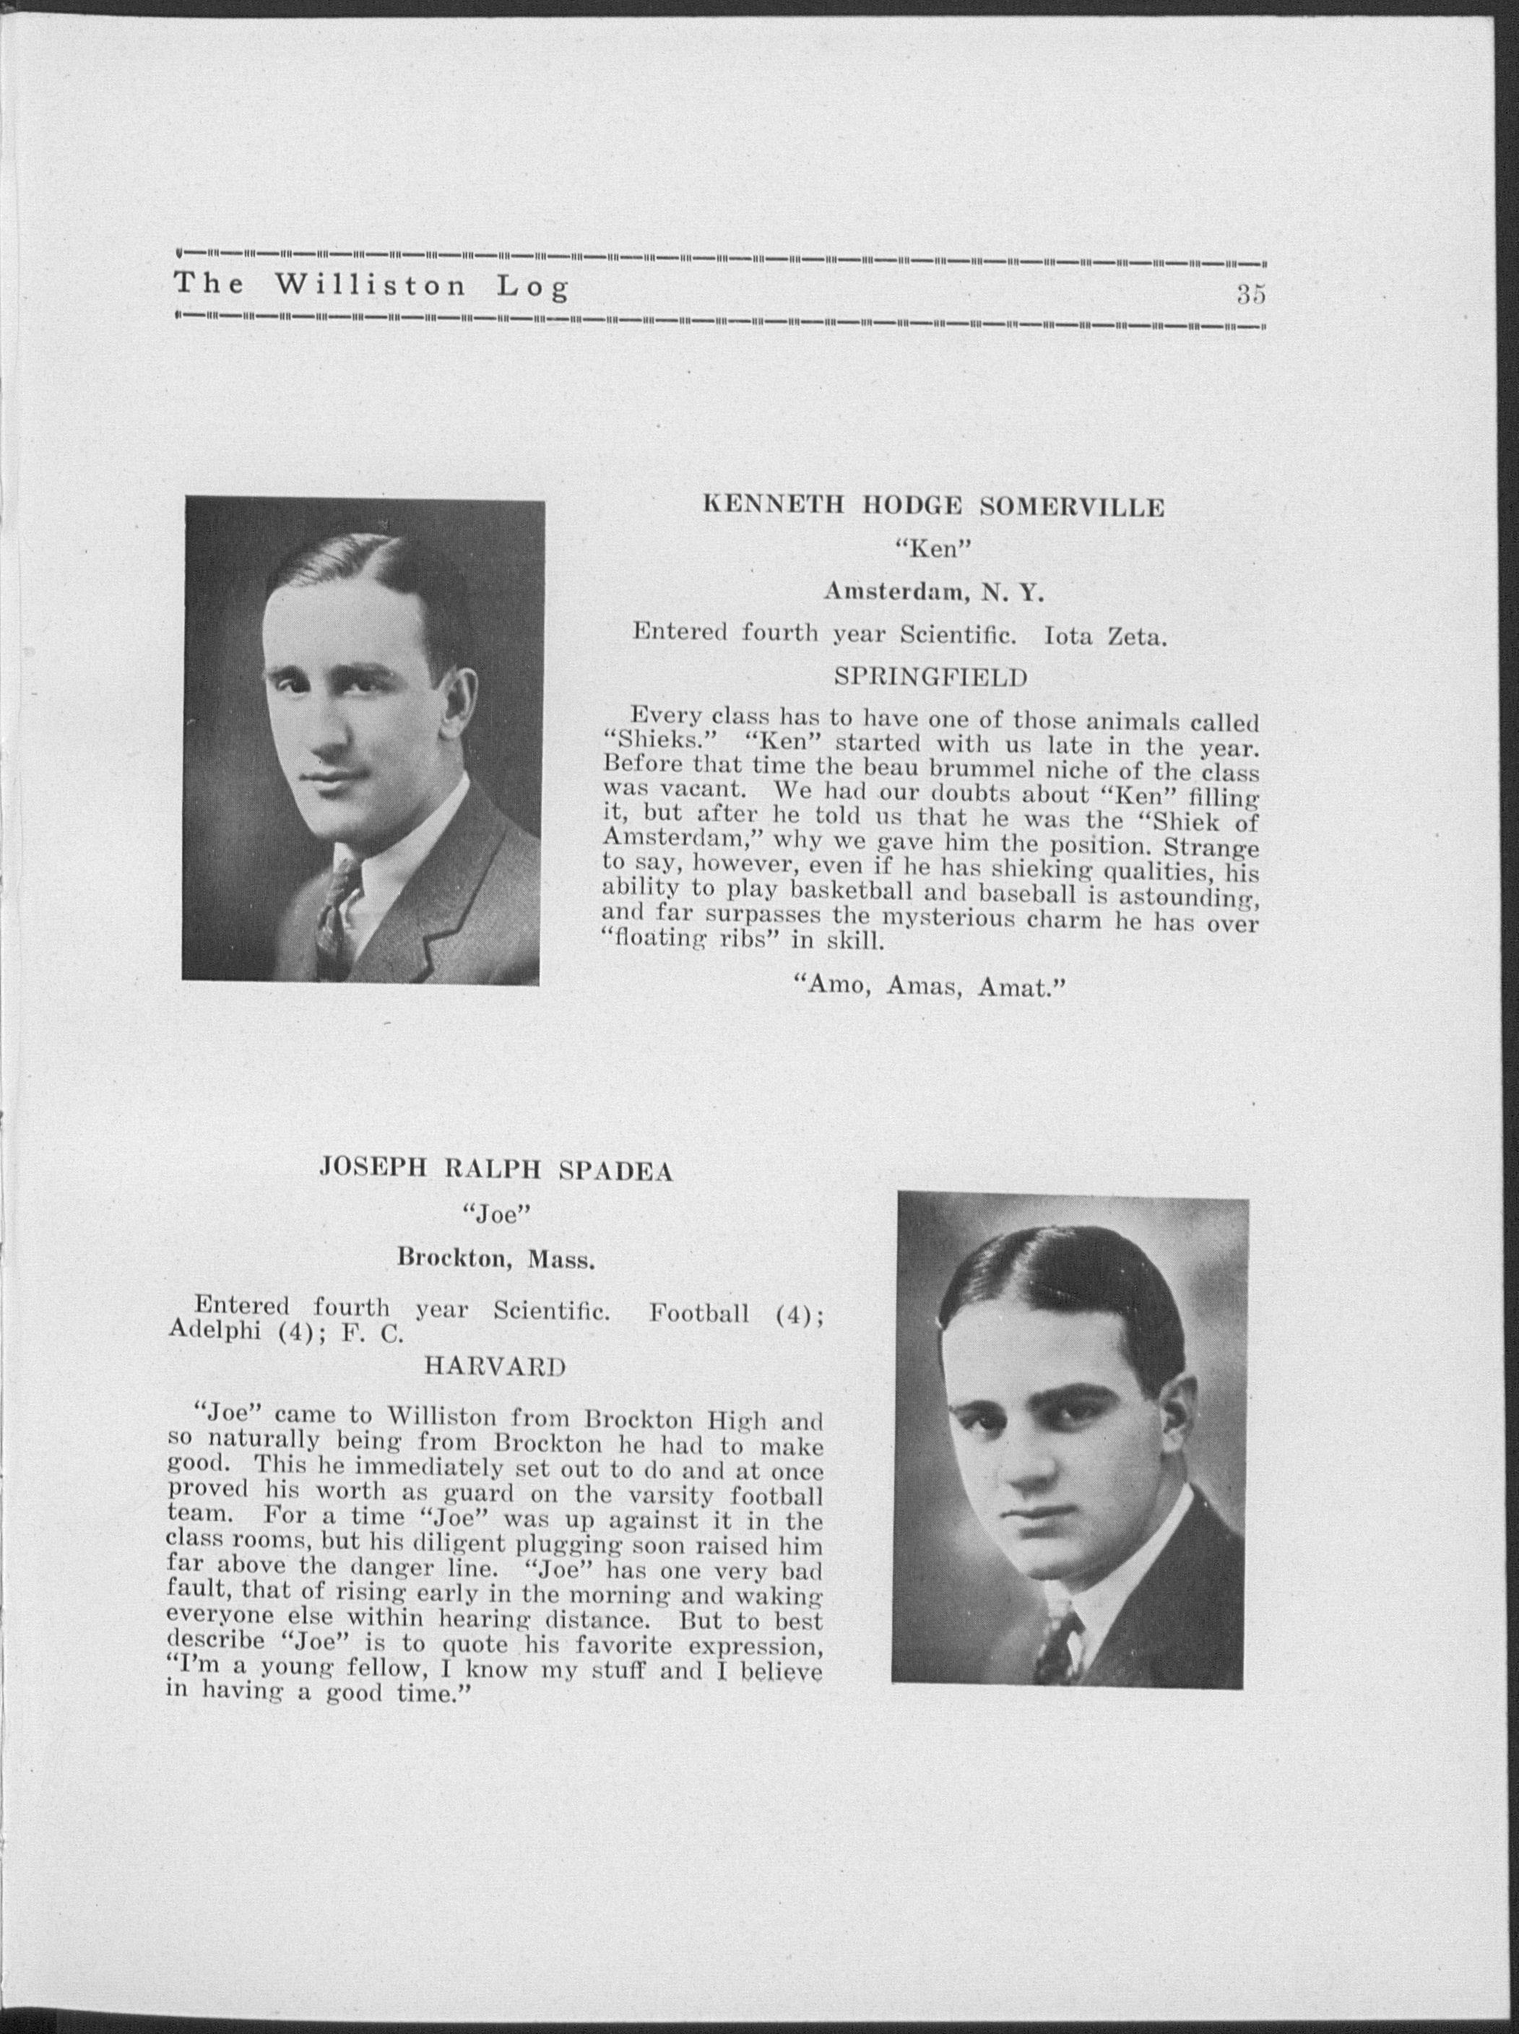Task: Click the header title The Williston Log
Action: (x=371, y=286)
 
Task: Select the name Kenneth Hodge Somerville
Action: (x=933, y=506)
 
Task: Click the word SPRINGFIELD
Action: (x=929, y=678)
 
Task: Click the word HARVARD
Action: (x=494, y=1367)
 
